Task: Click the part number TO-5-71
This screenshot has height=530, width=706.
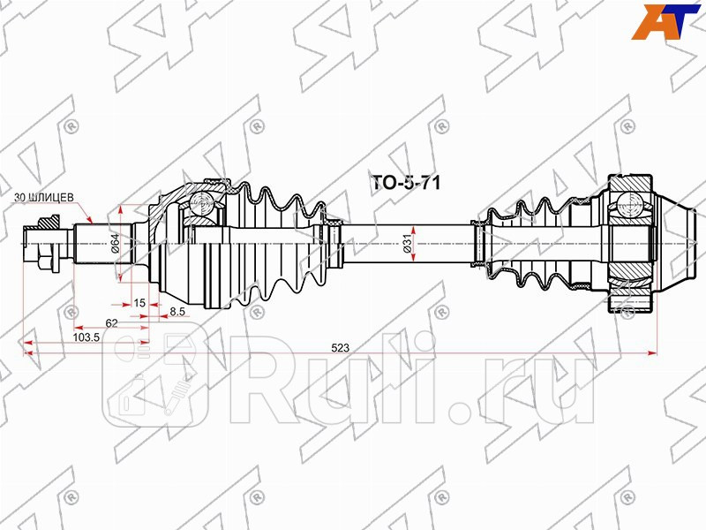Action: pyautogui.click(x=402, y=182)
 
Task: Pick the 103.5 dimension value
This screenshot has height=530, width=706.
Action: pyautogui.click(x=85, y=337)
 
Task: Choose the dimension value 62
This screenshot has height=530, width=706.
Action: pyautogui.click(x=111, y=322)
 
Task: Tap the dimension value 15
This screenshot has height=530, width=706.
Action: pyautogui.click(x=139, y=303)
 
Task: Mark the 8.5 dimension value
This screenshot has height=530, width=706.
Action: pyautogui.click(x=176, y=311)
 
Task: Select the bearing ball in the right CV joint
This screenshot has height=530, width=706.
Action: pyautogui.click(x=632, y=202)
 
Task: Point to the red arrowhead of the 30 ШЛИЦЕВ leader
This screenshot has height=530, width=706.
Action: pyautogui.click(x=89, y=218)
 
